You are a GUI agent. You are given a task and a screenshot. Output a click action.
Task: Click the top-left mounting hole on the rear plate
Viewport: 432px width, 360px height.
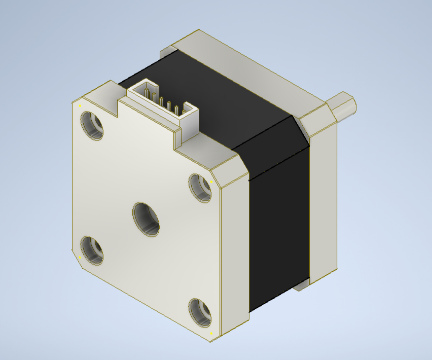tap(92, 125)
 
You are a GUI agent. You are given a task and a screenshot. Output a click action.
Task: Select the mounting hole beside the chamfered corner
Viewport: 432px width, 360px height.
tap(200, 187)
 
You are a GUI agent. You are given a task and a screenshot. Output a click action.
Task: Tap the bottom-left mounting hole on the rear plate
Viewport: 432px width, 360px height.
tap(92, 250)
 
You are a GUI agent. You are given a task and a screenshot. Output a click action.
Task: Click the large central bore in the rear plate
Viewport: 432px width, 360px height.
tap(146, 219)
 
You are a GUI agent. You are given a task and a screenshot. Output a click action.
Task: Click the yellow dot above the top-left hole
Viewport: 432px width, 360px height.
tap(80, 105)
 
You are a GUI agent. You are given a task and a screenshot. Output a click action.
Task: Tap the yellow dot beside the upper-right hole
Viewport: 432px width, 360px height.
tap(211, 181)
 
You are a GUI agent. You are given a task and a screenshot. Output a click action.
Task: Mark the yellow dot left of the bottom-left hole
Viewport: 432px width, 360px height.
tap(80, 257)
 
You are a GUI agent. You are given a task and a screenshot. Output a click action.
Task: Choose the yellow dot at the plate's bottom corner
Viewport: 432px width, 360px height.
tap(211, 334)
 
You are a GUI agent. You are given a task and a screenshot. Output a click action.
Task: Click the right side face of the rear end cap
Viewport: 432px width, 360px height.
tap(235, 254)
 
